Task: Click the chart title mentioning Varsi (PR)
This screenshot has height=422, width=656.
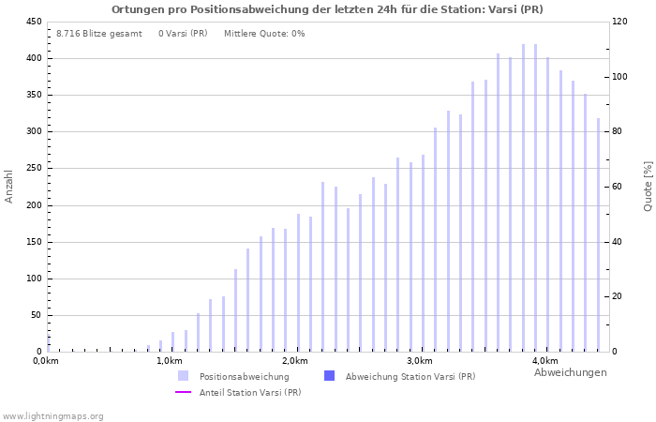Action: click(x=327, y=9)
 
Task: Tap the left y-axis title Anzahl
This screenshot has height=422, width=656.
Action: click(x=9, y=186)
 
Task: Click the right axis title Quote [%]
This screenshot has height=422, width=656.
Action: click(x=648, y=186)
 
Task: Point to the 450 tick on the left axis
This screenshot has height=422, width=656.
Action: click(x=33, y=22)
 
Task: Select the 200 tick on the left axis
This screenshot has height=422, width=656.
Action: click(x=33, y=205)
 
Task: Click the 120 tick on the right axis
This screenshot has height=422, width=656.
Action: click(x=620, y=22)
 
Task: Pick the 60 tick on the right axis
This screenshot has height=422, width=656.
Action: click(x=618, y=187)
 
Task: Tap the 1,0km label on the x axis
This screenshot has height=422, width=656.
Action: click(x=169, y=361)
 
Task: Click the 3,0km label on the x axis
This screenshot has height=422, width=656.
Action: click(x=420, y=361)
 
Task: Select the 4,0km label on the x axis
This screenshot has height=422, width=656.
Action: click(x=544, y=361)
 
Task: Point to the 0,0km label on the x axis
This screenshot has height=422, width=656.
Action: click(x=46, y=361)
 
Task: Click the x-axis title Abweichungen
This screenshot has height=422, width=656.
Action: click(x=570, y=372)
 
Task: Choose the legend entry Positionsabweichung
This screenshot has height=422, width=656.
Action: click(x=244, y=376)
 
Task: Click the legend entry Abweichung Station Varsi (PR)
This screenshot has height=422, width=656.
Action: click(x=410, y=376)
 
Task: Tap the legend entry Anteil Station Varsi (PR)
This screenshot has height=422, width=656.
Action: click(x=250, y=392)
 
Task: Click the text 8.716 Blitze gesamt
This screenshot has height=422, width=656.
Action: click(x=98, y=34)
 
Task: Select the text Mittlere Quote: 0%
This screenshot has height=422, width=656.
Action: click(x=264, y=34)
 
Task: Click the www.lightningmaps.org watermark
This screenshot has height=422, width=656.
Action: click(x=52, y=415)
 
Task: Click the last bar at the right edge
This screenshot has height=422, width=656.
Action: click(x=598, y=234)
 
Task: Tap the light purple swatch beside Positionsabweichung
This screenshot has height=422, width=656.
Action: click(x=184, y=376)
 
